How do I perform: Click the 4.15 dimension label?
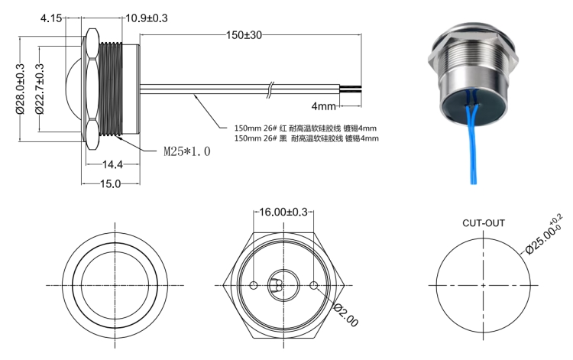(51, 18)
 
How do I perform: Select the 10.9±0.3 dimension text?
(147, 18)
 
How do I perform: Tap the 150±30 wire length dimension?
(244, 35)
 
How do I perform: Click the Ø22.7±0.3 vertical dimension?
(40, 89)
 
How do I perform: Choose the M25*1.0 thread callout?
(187, 151)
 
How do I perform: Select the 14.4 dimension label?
(112, 164)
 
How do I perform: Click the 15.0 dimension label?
(110, 183)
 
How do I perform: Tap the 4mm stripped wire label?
(323, 106)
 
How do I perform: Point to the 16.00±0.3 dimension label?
(283, 212)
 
